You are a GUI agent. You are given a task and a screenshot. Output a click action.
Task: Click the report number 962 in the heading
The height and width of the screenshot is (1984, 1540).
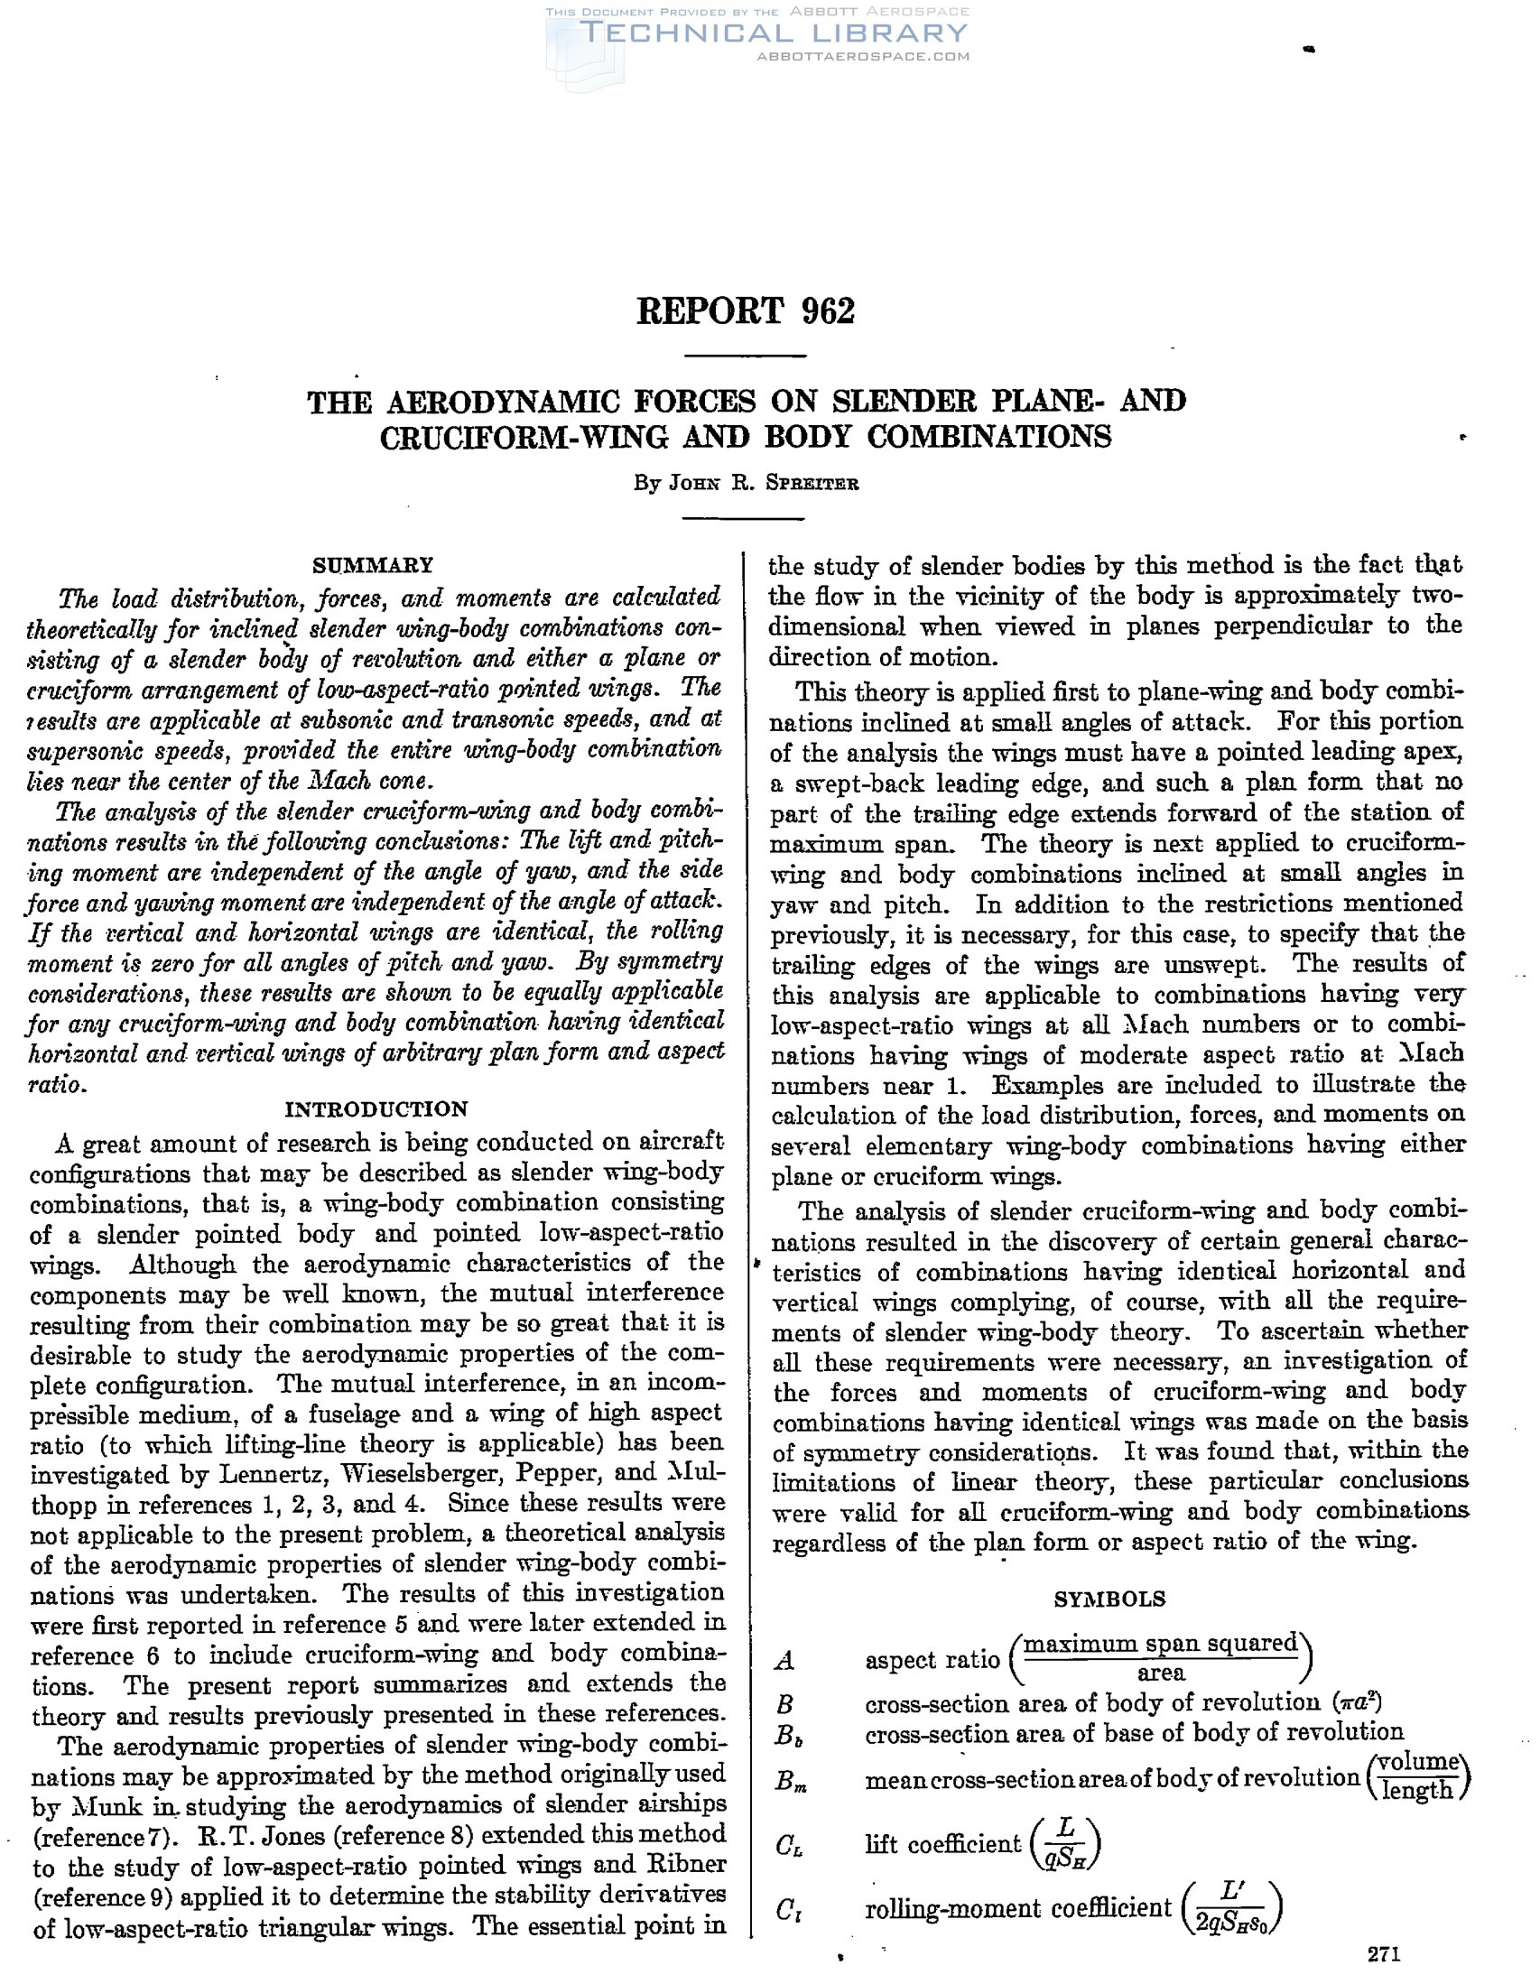click(x=828, y=311)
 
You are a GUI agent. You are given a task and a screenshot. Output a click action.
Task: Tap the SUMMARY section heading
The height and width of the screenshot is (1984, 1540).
click(x=373, y=565)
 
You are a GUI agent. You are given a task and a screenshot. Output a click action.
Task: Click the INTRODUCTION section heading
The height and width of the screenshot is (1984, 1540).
click(x=376, y=1109)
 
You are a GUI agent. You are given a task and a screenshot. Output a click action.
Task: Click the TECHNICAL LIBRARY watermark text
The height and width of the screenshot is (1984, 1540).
click(x=774, y=33)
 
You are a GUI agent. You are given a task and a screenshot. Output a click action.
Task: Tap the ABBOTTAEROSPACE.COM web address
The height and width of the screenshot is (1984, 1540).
click(x=863, y=56)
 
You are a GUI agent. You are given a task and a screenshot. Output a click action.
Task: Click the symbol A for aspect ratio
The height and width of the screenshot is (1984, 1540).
click(x=784, y=1661)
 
